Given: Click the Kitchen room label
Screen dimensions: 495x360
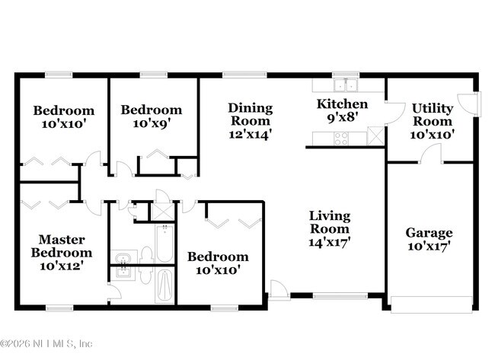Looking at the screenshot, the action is [342, 104].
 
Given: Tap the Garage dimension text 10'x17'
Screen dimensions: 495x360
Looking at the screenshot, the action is [429, 246].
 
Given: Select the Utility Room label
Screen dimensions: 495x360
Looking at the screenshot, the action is [433, 115].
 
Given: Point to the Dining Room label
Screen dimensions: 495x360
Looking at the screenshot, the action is [251, 114].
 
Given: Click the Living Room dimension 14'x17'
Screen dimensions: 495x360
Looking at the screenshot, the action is [330, 242].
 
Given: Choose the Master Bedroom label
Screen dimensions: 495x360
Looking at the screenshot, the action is [62, 246].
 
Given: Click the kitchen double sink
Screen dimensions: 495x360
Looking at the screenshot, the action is [346, 85].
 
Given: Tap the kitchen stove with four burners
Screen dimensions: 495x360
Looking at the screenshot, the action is [341, 139].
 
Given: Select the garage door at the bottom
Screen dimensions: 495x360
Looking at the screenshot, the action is [432, 304].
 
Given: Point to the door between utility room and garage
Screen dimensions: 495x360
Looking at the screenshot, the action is [431, 154].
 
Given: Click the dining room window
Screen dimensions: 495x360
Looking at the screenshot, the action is [244, 75].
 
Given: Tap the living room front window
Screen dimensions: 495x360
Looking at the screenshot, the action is [340, 296].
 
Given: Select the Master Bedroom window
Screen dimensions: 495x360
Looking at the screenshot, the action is [59, 307].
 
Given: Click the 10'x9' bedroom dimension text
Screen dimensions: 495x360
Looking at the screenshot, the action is [152, 123].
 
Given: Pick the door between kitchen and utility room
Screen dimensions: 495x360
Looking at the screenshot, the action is [394, 113].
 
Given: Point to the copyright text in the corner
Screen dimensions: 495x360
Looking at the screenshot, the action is [46, 343].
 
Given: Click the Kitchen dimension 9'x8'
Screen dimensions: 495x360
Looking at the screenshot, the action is [343, 118].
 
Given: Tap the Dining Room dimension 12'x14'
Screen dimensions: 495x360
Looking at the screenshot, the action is [251, 135].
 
